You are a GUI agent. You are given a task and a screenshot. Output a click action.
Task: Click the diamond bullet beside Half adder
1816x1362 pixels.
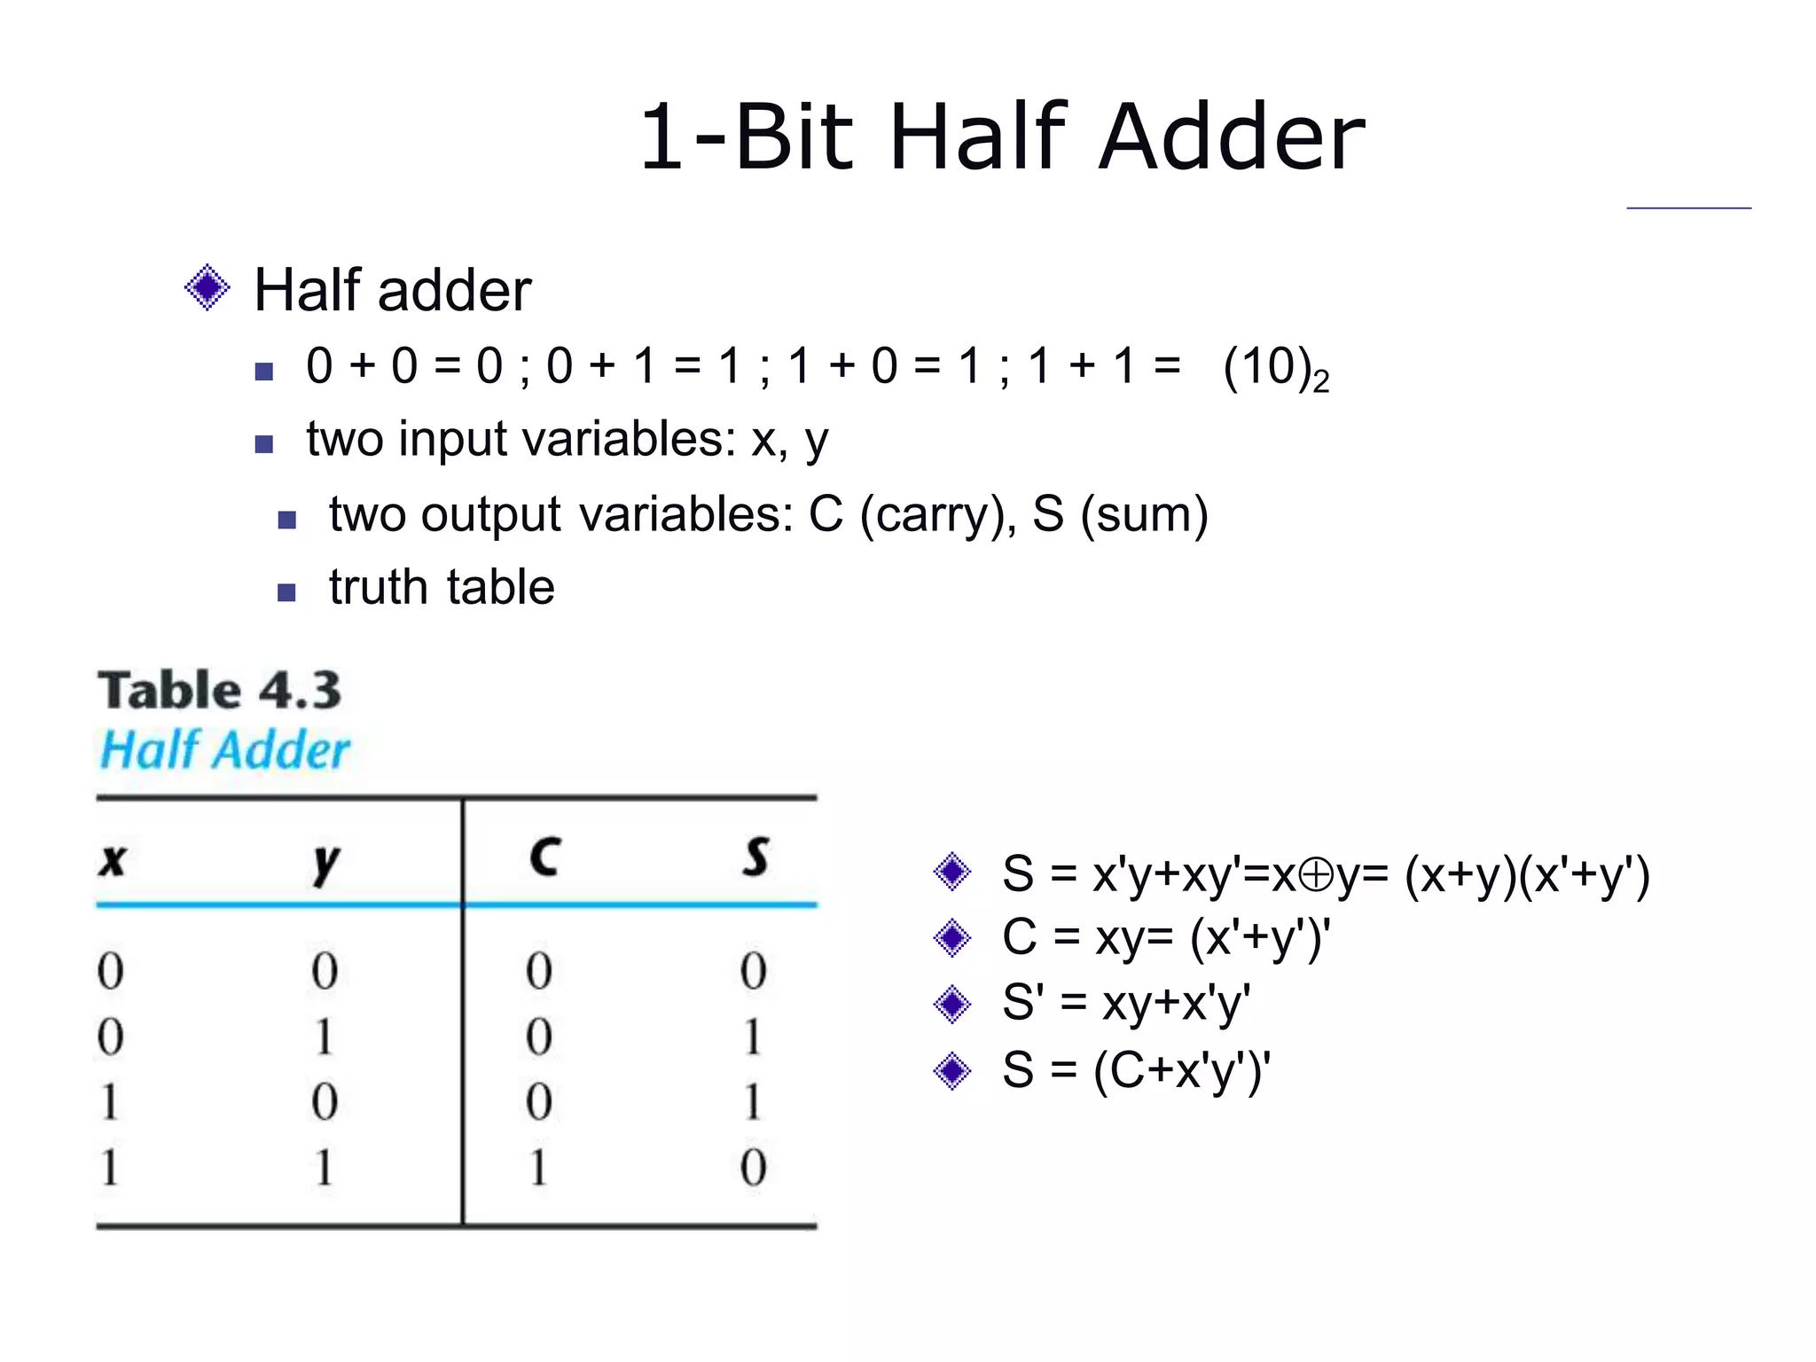(207, 288)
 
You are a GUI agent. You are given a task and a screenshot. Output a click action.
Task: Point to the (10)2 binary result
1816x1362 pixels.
(1274, 368)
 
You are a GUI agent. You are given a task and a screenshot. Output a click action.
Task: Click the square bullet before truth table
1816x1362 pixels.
(286, 592)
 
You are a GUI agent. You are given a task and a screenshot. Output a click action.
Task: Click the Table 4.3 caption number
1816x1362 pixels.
(301, 691)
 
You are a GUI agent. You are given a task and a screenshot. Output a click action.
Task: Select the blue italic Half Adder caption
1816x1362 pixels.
(225, 750)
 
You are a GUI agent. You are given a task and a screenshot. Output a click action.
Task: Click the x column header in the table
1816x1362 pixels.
(113, 859)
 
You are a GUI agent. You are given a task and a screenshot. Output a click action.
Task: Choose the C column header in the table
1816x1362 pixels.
(544, 857)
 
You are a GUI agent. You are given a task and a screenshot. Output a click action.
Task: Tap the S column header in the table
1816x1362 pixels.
(755, 857)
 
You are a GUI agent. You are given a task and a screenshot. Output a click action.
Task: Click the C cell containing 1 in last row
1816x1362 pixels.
(538, 1168)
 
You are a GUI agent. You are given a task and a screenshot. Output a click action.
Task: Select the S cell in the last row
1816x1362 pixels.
(753, 1168)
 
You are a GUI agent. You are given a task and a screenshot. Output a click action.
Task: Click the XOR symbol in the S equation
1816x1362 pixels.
(1316, 875)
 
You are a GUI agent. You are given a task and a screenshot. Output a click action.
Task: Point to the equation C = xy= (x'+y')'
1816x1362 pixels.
(1165, 938)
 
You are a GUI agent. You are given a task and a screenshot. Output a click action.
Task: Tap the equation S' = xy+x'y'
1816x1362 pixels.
(1125, 1004)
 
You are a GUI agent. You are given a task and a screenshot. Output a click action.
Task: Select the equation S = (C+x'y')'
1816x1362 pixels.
(1136, 1070)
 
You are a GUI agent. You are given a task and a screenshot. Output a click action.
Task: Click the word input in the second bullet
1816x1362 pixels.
(453, 440)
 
